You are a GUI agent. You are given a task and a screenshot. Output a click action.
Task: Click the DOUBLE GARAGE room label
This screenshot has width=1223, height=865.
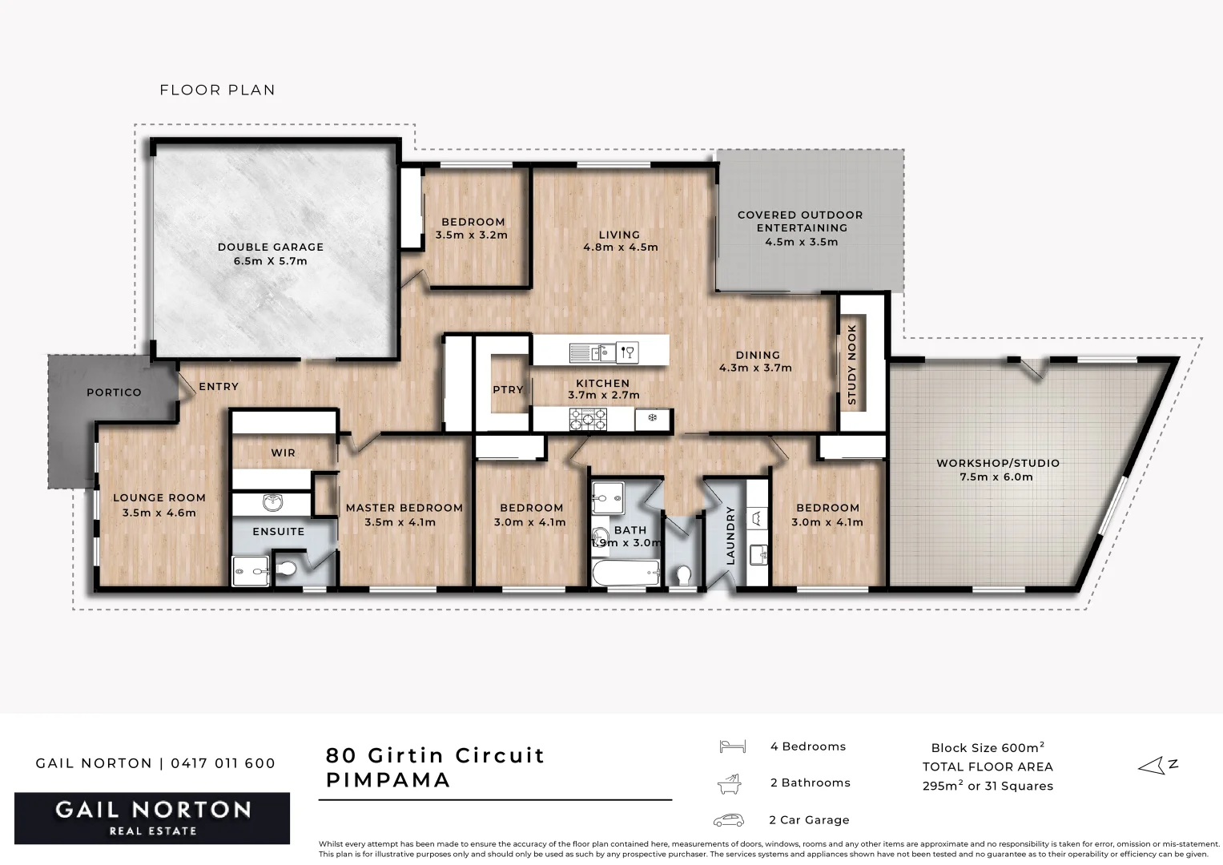tap(271, 247)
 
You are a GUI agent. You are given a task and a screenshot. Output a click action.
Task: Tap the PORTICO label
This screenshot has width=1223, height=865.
tap(114, 392)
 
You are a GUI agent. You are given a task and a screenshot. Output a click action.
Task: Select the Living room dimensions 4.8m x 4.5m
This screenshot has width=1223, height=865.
tap(620, 247)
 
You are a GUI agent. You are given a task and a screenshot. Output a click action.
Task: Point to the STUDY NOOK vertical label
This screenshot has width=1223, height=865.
tap(852, 364)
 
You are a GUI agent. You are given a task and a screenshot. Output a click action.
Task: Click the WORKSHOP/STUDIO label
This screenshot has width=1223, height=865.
tap(997, 463)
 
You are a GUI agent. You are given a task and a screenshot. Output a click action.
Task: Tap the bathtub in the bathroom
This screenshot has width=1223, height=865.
tap(626, 573)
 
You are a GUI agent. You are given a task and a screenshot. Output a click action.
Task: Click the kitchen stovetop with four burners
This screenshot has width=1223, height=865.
tap(588, 418)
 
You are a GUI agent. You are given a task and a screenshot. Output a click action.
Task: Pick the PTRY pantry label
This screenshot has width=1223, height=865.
tap(508, 390)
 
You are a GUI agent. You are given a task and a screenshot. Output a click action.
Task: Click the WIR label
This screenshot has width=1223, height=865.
tap(283, 453)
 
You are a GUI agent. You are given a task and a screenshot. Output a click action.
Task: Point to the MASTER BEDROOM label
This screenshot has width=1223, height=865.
tap(404, 508)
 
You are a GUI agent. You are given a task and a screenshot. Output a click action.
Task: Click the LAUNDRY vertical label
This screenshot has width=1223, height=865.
tap(730, 536)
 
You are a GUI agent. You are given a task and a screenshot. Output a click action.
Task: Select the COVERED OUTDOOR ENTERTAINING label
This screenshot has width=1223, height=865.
tap(800, 221)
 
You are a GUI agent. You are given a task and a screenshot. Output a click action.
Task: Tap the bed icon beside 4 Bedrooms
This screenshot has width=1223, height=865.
tap(732, 746)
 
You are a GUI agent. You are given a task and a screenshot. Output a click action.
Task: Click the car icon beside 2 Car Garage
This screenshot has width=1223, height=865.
tap(728, 820)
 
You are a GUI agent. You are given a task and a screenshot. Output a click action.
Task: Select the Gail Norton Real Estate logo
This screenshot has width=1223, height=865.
tap(152, 818)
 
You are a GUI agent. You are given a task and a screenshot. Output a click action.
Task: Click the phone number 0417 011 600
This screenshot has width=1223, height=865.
tap(224, 763)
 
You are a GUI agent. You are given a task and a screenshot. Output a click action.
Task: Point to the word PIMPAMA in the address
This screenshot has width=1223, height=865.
tap(388, 780)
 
